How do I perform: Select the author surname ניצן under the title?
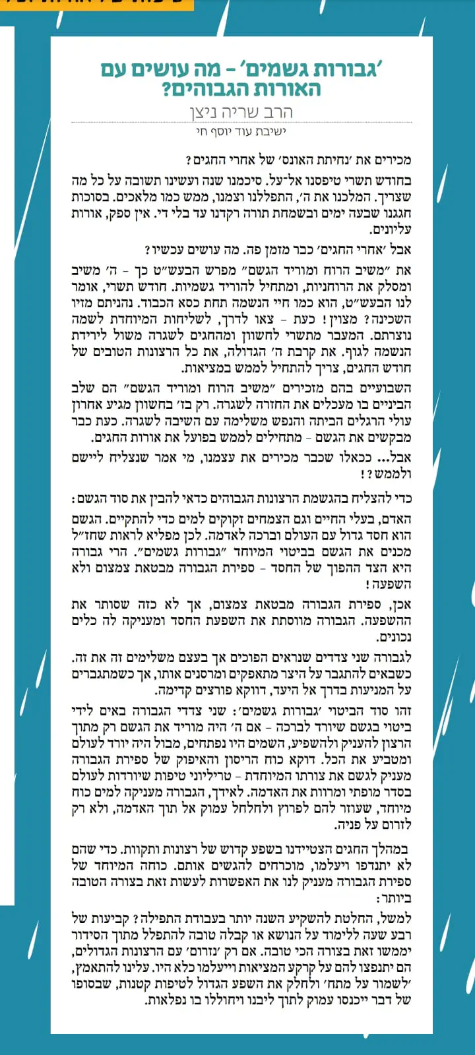206,111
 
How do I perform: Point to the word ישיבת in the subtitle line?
272,132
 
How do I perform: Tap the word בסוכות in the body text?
92,197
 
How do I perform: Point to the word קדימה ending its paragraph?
173,690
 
